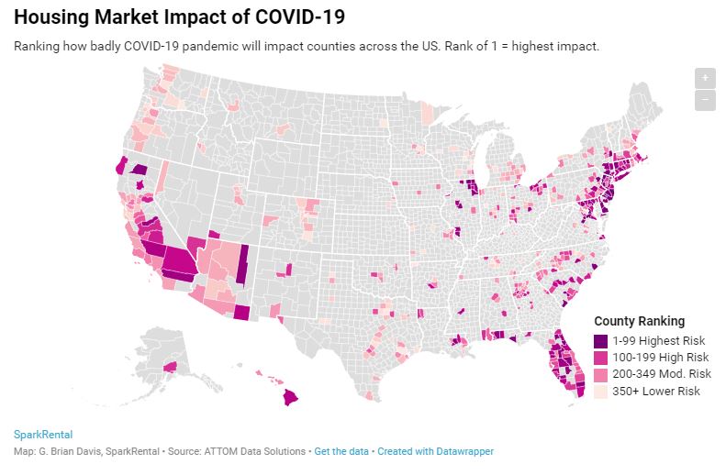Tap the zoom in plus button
pyautogui.click(x=704, y=78)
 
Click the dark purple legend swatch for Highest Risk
pyautogui.click(x=601, y=339)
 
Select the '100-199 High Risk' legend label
pyautogui.click(x=661, y=357)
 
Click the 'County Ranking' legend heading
pyautogui.click(x=639, y=321)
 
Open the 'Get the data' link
pyautogui.click(x=341, y=451)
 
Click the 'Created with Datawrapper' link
pyautogui.click(x=435, y=451)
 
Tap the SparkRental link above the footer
pyautogui.click(x=43, y=435)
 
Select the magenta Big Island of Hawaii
pyautogui.click(x=291, y=397)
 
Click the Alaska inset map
pyautogui.click(x=174, y=358)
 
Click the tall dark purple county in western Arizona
pyautogui.click(x=242, y=267)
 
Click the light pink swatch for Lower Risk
pyautogui.click(x=601, y=392)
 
